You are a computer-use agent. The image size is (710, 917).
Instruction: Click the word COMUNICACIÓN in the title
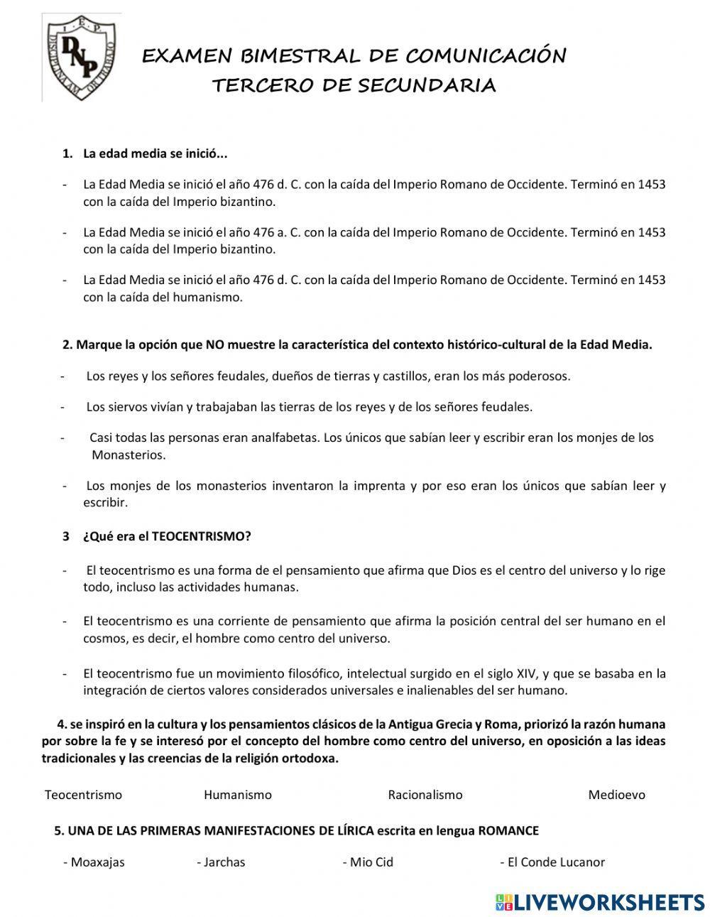pos(486,55)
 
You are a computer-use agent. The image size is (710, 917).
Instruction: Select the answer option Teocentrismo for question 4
pos(83,795)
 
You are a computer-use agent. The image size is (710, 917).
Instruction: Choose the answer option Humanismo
pos(237,795)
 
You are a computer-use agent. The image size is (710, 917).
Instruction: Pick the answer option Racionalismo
pos(425,795)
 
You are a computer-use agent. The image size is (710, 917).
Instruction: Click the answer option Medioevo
pos(616,795)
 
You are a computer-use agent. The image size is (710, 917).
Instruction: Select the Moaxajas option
pos(97,862)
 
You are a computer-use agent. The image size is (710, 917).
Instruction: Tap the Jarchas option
pos(224,862)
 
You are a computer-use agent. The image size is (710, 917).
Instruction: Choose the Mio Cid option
pos(371,862)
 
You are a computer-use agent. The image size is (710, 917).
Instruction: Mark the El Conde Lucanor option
pos(556,862)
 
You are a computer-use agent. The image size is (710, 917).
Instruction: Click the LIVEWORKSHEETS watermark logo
pos(600,902)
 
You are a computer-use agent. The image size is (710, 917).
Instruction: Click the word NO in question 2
pos(214,345)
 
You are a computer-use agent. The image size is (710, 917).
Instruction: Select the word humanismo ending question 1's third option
pos(207,297)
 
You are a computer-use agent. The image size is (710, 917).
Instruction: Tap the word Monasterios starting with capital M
pos(128,455)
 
